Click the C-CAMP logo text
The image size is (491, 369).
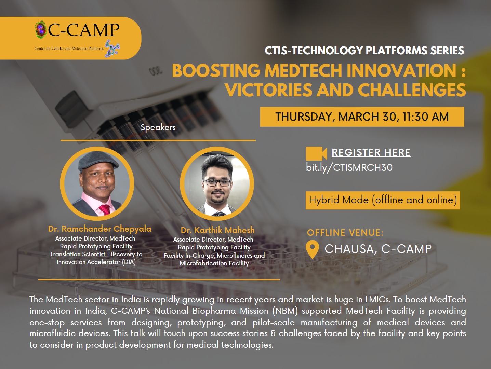click(84, 30)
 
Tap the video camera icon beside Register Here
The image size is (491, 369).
click(316, 153)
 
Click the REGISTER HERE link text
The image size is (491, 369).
click(371, 152)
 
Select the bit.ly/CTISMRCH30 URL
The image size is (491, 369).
click(349, 168)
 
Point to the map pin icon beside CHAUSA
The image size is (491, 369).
click(312, 249)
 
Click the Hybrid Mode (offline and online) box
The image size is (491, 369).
click(383, 200)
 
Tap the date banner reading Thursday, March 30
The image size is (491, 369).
click(362, 117)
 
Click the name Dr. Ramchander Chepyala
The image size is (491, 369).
click(100, 229)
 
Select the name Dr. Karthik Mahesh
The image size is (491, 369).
click(218, 230)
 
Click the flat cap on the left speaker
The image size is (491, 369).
click(98, 160)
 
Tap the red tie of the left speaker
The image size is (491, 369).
click(105, 210)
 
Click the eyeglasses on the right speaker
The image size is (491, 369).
click(217, 182)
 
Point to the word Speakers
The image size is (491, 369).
click(158, 127)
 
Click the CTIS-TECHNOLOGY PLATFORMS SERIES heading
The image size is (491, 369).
click(364, 51)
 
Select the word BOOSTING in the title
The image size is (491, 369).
click(216, 70)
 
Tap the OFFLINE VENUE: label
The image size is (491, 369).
click(345, 233)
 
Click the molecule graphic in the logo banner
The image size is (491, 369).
click(112, 49)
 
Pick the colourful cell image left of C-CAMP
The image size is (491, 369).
click(40, 29)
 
